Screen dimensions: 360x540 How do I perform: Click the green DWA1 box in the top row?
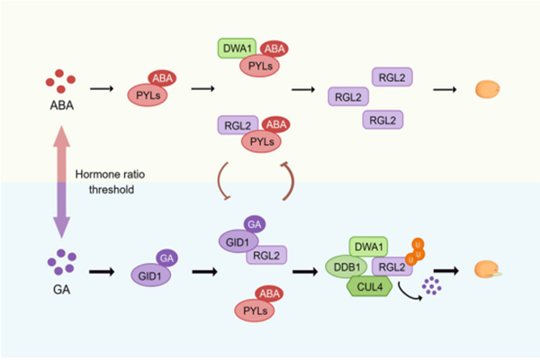[x=236, y=48]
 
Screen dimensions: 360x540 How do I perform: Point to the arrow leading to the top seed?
[x=445, y=89]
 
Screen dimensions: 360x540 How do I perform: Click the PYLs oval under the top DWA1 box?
[x=259, y=67]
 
